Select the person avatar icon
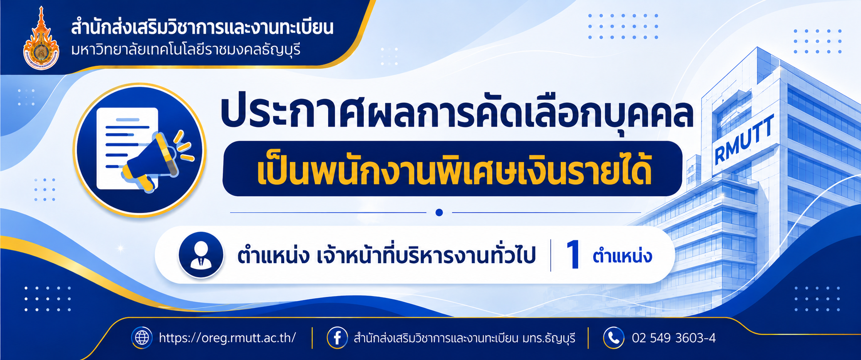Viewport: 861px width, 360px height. pyautogui.click(x=201, y=255)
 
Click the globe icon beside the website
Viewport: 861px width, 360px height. pyautogui.click(x=142, y=338)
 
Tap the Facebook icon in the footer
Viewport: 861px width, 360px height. pyautogui.click(x=337, y=338)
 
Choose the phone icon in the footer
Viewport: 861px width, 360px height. pyautogui.click(x=614, y=338)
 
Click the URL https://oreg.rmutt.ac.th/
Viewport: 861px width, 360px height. pyautogui.click(x=227, y=338)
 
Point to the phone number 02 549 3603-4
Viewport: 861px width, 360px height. pyautogui.click(x=674, y=338)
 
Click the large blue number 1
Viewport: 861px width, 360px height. pyautogui.click(x=573, y=255)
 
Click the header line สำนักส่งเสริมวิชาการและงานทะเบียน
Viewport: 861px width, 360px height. pyautogui.click(x=202, y=28)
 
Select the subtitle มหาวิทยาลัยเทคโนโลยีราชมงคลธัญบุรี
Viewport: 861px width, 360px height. pyautogui.click(x=186, y=50)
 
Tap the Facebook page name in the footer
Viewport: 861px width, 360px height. pyautogui.click(x=464, y=338)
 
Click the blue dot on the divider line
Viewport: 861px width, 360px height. pyautogui.click(x=439, y=213)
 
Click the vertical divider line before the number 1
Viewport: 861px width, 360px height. pyautogui.click(x=551, y=255)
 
